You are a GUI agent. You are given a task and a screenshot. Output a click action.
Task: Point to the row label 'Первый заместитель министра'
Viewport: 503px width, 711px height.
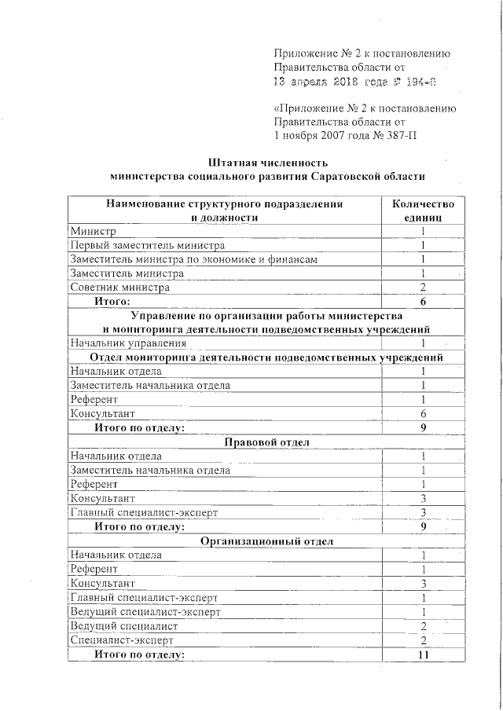147,245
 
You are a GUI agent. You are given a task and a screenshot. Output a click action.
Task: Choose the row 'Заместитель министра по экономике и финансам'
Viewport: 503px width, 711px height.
194,259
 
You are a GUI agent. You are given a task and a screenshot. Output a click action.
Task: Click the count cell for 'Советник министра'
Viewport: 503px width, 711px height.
422,288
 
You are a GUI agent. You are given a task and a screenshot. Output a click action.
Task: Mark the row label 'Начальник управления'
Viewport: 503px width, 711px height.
128,343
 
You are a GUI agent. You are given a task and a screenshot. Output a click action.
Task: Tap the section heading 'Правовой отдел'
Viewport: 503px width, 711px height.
267,442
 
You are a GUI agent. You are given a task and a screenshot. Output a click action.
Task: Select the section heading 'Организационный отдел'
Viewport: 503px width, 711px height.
267,541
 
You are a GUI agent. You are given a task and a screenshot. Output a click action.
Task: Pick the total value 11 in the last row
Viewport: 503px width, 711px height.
422,654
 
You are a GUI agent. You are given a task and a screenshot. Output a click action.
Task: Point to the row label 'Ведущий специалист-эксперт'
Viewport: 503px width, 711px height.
145,611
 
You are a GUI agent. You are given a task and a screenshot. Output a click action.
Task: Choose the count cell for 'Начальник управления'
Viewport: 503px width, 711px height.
422,343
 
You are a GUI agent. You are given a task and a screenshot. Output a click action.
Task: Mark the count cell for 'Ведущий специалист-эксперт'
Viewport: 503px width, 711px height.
422,611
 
